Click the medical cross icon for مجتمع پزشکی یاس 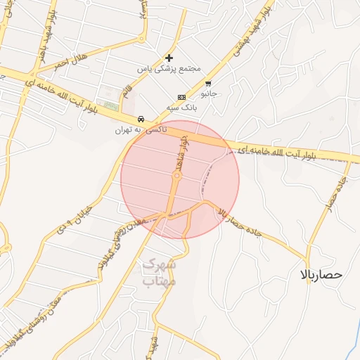coord(169,58)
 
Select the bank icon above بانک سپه coord(181,97)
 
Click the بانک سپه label coord(180,107)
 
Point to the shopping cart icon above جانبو coord(208,83)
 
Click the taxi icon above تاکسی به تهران coord(142,119)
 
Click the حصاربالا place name coord(320,274)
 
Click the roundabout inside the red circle coord(176,177)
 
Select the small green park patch coord(110,108)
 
